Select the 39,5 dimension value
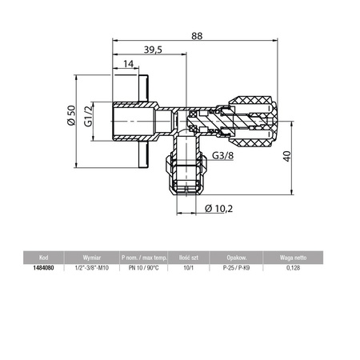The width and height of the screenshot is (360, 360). (154, 50)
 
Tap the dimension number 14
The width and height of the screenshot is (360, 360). (128, 65)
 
